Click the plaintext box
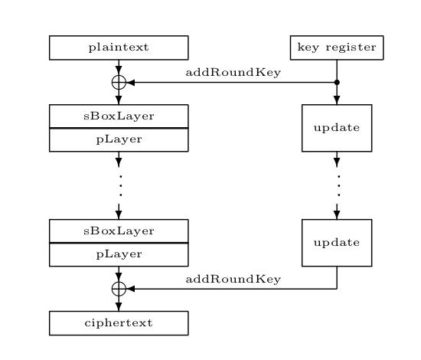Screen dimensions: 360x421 click(x=119, y=47)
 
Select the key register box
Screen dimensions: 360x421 click(x=337, y=47)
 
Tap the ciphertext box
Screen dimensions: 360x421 click(x=119, y=323)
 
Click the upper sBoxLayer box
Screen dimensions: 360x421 click(x=119, y=116)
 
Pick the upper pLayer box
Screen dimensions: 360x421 click(x=119, y=140)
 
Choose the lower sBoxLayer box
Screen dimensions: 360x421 click(x=119, y=231)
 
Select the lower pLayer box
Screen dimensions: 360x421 click(x=119, y=254)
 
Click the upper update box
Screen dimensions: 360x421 click(x=337, y=128)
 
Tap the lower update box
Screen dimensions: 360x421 click(x=337, y=243)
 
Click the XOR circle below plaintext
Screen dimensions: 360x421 click(x=119, y=82)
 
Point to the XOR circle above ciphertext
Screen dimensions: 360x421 click(x=119, y=289)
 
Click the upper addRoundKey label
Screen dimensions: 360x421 click(x=233, y=73)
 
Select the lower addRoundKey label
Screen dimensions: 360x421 click(x=233, y=280)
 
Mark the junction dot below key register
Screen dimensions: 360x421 click(x=337, y=82)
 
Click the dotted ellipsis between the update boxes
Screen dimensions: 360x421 click(x=337, y=185)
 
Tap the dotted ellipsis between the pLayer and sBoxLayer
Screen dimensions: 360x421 click(x=119, y=185)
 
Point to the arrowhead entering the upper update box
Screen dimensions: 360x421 click(x=337, y=100)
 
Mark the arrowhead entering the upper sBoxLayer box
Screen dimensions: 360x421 click(x=119, y=100)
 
